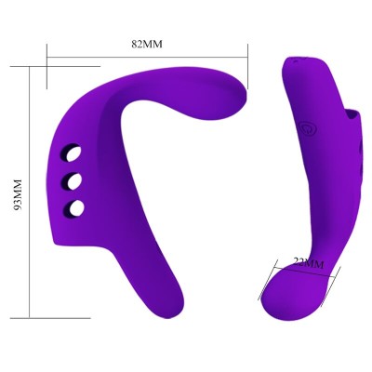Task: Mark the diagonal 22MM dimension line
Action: pyautogui.click(x=305, y=272)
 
